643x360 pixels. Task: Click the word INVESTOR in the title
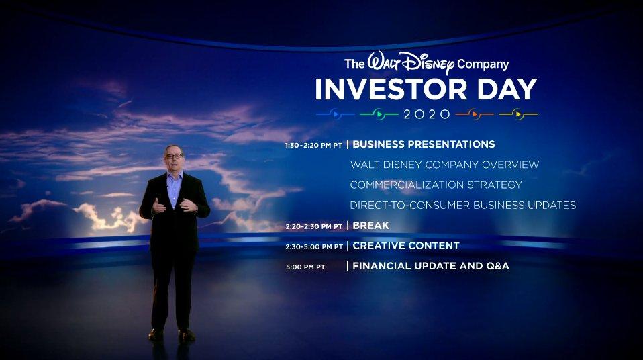click(391, 89)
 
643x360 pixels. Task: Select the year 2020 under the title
click(427, 114)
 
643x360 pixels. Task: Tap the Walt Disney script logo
click(411, 63)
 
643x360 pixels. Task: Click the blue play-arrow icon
click(336, 114)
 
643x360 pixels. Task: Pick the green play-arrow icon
click(379, 114)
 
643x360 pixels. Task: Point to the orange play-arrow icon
click(475, 114)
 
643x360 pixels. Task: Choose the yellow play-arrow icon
click(518, 114)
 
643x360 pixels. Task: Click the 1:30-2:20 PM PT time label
click(313, 145)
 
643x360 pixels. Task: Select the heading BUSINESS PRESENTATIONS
click(424, 144)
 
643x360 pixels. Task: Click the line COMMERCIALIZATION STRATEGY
click(436, 185)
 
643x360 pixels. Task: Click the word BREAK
click(370, 226)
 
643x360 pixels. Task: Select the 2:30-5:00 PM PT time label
click(314, 246)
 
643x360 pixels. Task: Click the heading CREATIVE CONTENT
click(406, 245)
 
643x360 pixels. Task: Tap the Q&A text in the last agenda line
click(498, 266)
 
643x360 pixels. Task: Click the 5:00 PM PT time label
click(305, 267)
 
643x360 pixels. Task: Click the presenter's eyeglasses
click(174, 156)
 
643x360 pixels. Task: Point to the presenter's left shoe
click(187, 335)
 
